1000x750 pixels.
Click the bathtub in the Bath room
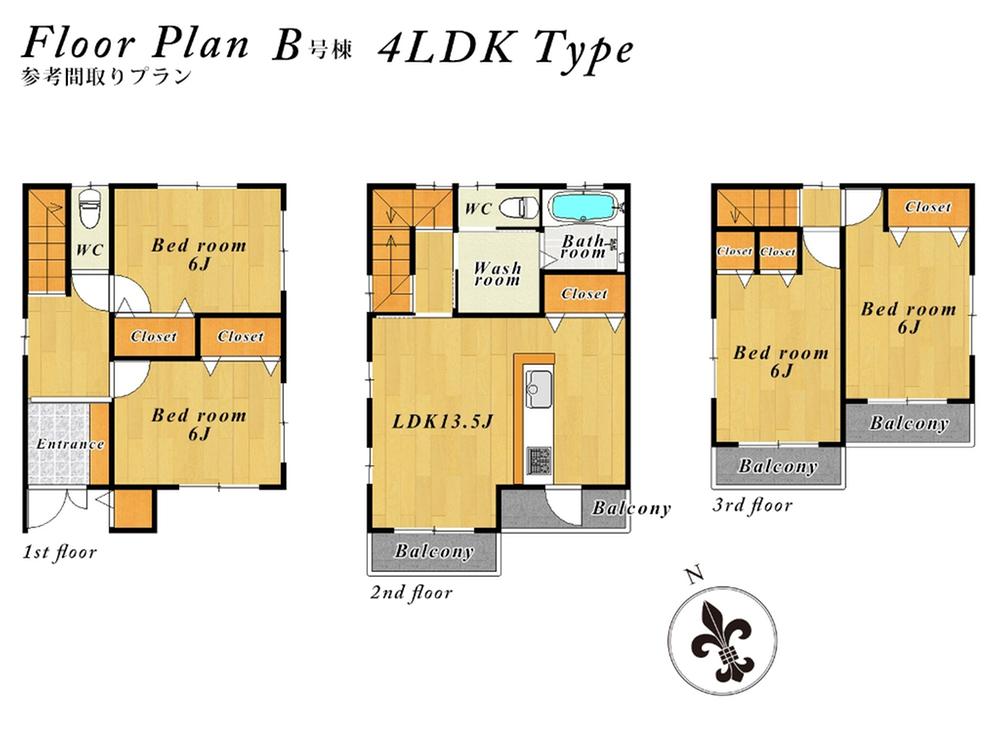(584, 209)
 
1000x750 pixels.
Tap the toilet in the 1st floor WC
(89, 210)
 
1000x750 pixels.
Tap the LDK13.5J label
(442, 421)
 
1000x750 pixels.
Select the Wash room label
(497, 274)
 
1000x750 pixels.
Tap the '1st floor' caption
(59, 552)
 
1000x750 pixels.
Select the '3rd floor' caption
(752, 506)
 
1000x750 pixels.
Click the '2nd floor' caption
(411, 593)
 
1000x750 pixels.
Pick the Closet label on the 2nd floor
(584, 294)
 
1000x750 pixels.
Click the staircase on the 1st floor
(46, 240)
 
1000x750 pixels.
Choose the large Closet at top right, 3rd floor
(928, 207)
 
